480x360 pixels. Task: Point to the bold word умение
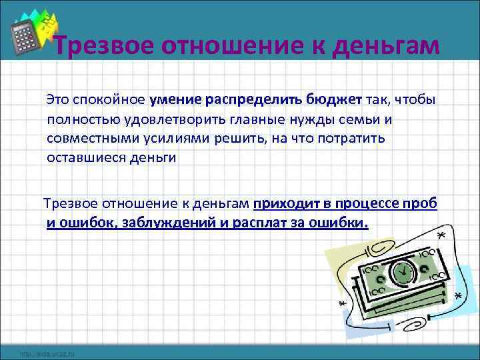[x=176, y=101]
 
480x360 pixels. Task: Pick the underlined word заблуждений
[x=169, y=222]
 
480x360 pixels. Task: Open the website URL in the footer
[x=47, y=353]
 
